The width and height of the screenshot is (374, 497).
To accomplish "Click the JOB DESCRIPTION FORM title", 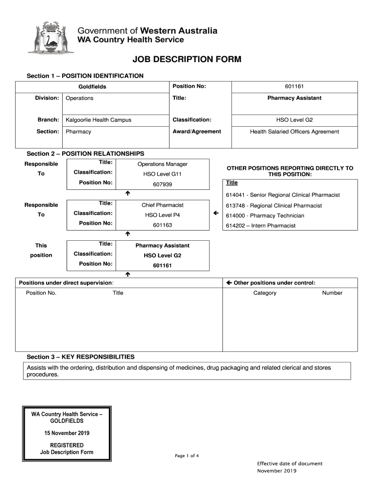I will point(187,60).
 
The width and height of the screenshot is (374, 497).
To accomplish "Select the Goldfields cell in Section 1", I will point(92,87).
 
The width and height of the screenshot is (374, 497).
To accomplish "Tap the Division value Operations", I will point(80,98).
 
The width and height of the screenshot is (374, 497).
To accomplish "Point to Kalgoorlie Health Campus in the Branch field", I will point(99,120).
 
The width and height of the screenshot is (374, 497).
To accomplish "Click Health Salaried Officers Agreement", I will point(294,132).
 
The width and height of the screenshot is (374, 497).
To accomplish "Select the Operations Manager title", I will point(162,164).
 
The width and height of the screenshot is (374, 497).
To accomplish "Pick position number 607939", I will point(162,184).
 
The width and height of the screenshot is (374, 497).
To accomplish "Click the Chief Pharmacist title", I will point(162,205).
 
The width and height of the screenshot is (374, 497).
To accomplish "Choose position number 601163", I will point(162,225).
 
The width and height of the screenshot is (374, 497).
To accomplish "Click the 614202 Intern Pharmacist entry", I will point(260,226).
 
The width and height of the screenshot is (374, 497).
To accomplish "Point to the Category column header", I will point(265,293).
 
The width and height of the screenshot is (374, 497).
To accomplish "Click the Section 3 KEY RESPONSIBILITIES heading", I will point(81,357).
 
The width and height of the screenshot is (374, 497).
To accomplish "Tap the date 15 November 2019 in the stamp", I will point(67,433).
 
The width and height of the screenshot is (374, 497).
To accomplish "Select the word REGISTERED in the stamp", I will point(67,445).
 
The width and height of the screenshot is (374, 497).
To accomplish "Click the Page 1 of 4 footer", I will point(187,456).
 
